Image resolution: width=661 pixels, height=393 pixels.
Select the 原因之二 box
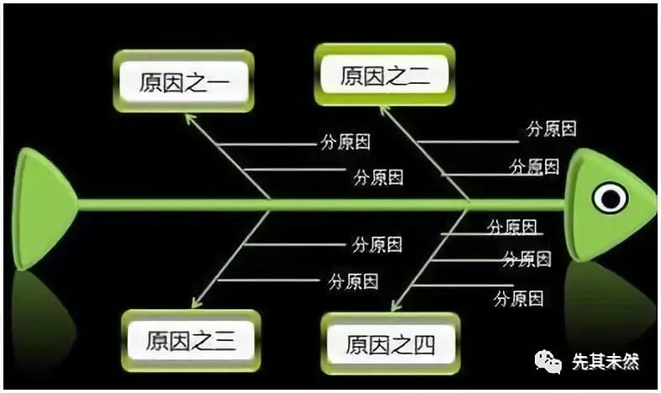[x=385, y=76]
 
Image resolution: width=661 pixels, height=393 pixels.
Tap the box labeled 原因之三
[x=190, y=340]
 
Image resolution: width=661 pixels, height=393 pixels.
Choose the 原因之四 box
[x=391, y=343]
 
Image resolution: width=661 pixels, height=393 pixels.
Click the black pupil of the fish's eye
[x=610, y=198]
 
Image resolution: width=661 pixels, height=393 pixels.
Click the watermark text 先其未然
[x=605, y=363]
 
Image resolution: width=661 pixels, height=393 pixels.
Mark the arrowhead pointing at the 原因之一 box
[x=190, y=119]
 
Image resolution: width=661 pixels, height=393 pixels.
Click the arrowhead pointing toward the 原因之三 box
[x=196, y=302]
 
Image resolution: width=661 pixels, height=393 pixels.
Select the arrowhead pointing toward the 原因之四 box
[x=395, y=305]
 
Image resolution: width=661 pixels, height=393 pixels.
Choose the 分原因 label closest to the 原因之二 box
[x=551, y=128]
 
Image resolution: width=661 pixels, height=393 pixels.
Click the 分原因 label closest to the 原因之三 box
[x=352, y=280]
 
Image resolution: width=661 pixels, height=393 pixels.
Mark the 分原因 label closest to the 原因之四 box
[x=518, y=297]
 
